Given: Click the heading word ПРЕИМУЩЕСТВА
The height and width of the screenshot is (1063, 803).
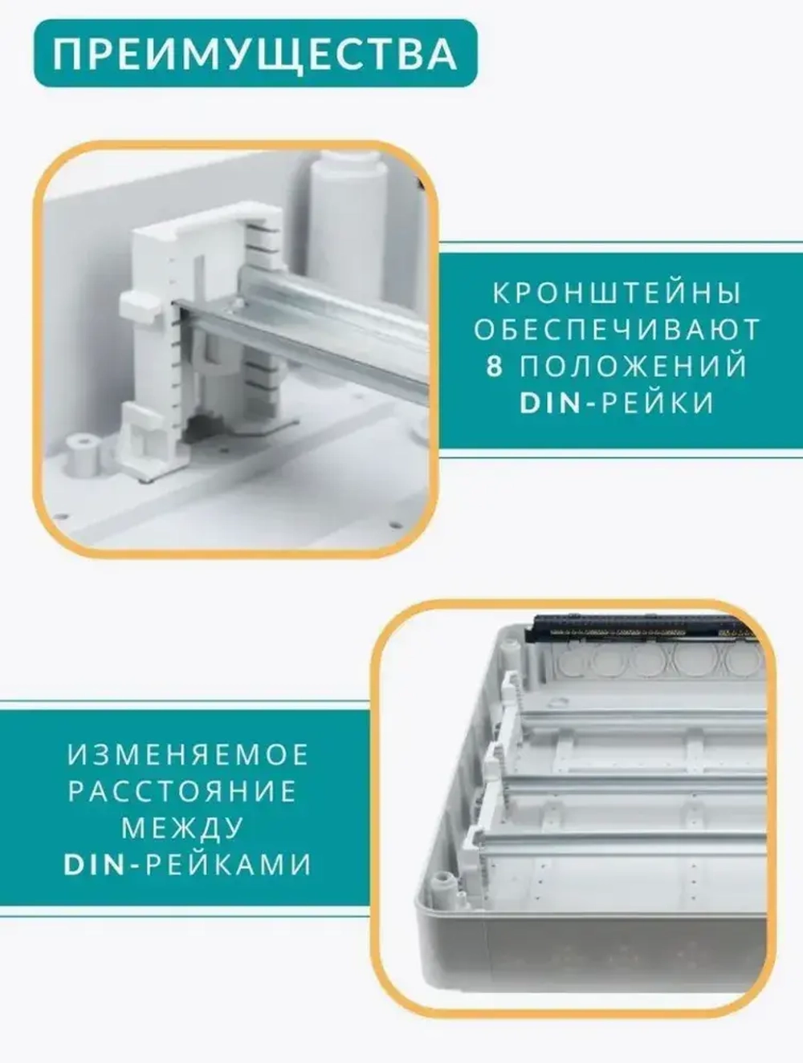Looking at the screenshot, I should pyautogui.click(x=255, y=54).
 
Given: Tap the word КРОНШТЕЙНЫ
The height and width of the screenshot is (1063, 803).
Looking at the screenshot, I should pyautogui.click(x=616, y=294).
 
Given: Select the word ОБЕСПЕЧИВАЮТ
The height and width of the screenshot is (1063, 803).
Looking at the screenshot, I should pyautogui.click(x=616, y=330).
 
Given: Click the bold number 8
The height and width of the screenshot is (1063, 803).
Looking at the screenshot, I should pyautogui.click(x=495, y=367).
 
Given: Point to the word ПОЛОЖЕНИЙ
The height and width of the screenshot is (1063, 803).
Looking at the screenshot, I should pyautogui.click(x=634, y=367).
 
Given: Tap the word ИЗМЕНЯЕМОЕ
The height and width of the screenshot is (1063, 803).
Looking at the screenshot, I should pyautogui.click(x=188, y=755).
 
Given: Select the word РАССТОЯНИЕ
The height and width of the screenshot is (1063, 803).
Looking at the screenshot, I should pyautogui.click(x=182, y=792).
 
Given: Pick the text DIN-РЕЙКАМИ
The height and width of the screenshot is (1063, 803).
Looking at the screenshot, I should pyautogui.click(x=188, y=865).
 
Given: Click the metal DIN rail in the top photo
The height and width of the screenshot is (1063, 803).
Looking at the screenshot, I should pyautogui.click(x=337, y=321).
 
